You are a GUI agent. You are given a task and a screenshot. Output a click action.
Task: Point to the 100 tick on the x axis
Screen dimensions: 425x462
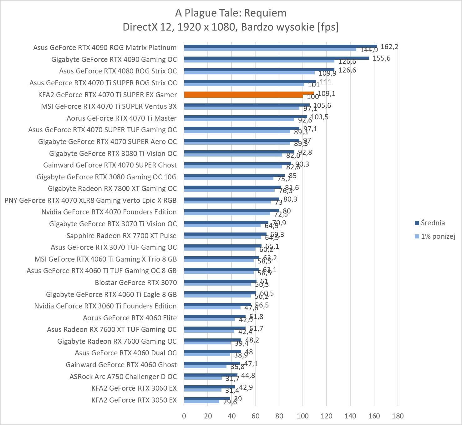(x=303, y=416)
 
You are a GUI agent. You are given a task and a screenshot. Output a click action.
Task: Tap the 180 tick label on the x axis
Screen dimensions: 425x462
(x=398, y=416)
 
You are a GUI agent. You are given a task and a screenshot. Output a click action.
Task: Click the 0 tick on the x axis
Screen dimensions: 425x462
(x=184, y=416)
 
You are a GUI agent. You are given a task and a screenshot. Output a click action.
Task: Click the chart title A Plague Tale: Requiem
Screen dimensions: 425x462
(x=231, y=13)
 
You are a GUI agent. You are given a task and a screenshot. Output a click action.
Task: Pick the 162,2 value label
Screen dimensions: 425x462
(x=389, y=47)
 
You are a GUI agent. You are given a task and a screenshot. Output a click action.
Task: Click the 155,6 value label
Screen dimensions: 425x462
(x=381, y=58)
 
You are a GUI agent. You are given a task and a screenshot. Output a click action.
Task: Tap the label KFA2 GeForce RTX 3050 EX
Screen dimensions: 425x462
(x=134, y=400)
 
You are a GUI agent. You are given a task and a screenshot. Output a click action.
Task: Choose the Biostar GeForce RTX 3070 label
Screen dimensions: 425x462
(x=136, y=282)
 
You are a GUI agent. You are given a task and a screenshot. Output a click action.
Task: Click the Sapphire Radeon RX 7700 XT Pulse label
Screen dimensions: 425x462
(x=121, y=236)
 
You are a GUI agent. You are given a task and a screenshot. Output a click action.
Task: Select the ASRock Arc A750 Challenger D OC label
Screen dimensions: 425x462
(x=123, y=377)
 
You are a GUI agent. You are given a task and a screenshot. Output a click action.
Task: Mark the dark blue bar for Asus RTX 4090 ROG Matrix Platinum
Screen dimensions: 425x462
(x=280, y=46)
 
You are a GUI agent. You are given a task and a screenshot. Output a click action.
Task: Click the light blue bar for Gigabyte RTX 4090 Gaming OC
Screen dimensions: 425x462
(x=259, y=61)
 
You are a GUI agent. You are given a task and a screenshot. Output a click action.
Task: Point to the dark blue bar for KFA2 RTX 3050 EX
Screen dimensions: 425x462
(x=207, y=398)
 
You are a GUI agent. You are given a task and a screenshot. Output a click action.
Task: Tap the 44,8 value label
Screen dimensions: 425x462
(x=248, y=376)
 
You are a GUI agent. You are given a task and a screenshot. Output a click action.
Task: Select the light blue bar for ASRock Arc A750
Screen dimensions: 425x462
(x=203, y=378)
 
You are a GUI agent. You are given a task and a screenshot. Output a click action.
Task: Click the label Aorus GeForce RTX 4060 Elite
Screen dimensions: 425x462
(x=130, y=318)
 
